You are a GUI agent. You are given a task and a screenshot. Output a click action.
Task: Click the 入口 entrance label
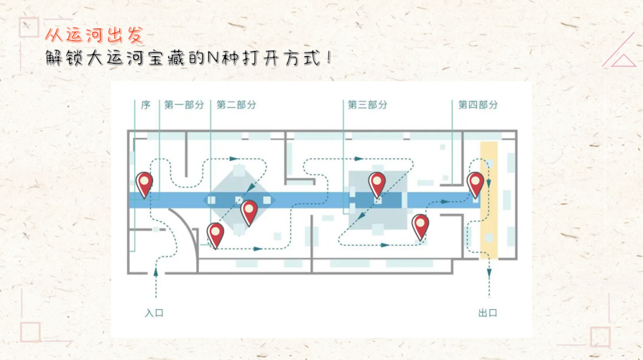tap(154, 313)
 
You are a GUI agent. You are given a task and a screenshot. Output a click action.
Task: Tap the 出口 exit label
tap(488, 313)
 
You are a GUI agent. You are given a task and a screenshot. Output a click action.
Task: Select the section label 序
tap(145, 105)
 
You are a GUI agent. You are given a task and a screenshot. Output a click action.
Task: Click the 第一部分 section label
tap(184, 105)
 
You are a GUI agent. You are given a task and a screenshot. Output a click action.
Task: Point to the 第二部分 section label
tap(237, 105)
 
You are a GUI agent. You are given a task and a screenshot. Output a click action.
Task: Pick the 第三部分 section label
tap(368, 105)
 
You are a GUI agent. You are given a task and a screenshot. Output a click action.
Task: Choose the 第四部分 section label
tap(478, 105)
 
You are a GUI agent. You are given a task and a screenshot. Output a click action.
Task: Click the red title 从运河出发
tap(95, 35)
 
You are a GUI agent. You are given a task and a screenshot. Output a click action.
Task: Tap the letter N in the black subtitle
tap(213, 57)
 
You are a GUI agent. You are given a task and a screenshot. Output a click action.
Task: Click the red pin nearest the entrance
tap(144, 185)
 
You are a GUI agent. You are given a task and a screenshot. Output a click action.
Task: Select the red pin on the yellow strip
tap(476, 185)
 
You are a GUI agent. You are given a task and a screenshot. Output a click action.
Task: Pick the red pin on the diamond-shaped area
tap(249, 213)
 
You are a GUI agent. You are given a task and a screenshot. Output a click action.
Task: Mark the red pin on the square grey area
tap(377, 185)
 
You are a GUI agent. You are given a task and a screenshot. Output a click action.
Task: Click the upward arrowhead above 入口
tap(156, 271)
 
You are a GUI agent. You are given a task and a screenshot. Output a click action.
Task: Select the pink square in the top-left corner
tap(29, 28)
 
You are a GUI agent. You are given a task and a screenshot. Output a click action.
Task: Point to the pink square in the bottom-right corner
tap(601, 337)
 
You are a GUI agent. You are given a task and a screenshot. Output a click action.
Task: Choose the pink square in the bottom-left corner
tap(31, 332)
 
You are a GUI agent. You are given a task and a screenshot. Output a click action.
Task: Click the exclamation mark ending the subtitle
tap(330, 57)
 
